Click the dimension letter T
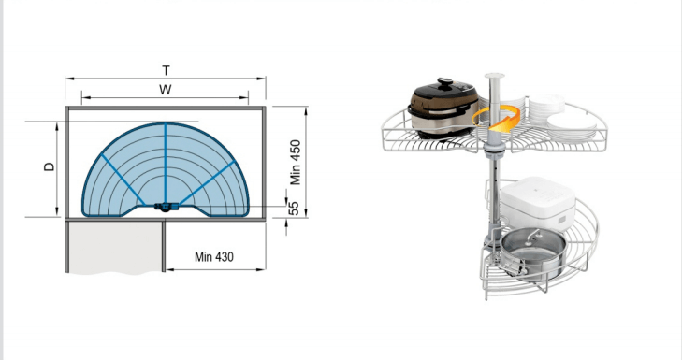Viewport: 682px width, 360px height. click(166, 70)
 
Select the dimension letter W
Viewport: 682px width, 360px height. click(166, 90)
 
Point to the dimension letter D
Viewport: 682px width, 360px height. click(51, 166)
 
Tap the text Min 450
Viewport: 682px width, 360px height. click(296, 162)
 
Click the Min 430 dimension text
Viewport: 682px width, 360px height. click(214, 256)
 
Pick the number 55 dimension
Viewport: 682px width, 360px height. click(295, 208)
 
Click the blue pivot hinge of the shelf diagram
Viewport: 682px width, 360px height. click(166, 207)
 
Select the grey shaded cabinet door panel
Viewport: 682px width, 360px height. click(115, 247)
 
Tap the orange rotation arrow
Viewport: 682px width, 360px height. click(496, 116)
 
